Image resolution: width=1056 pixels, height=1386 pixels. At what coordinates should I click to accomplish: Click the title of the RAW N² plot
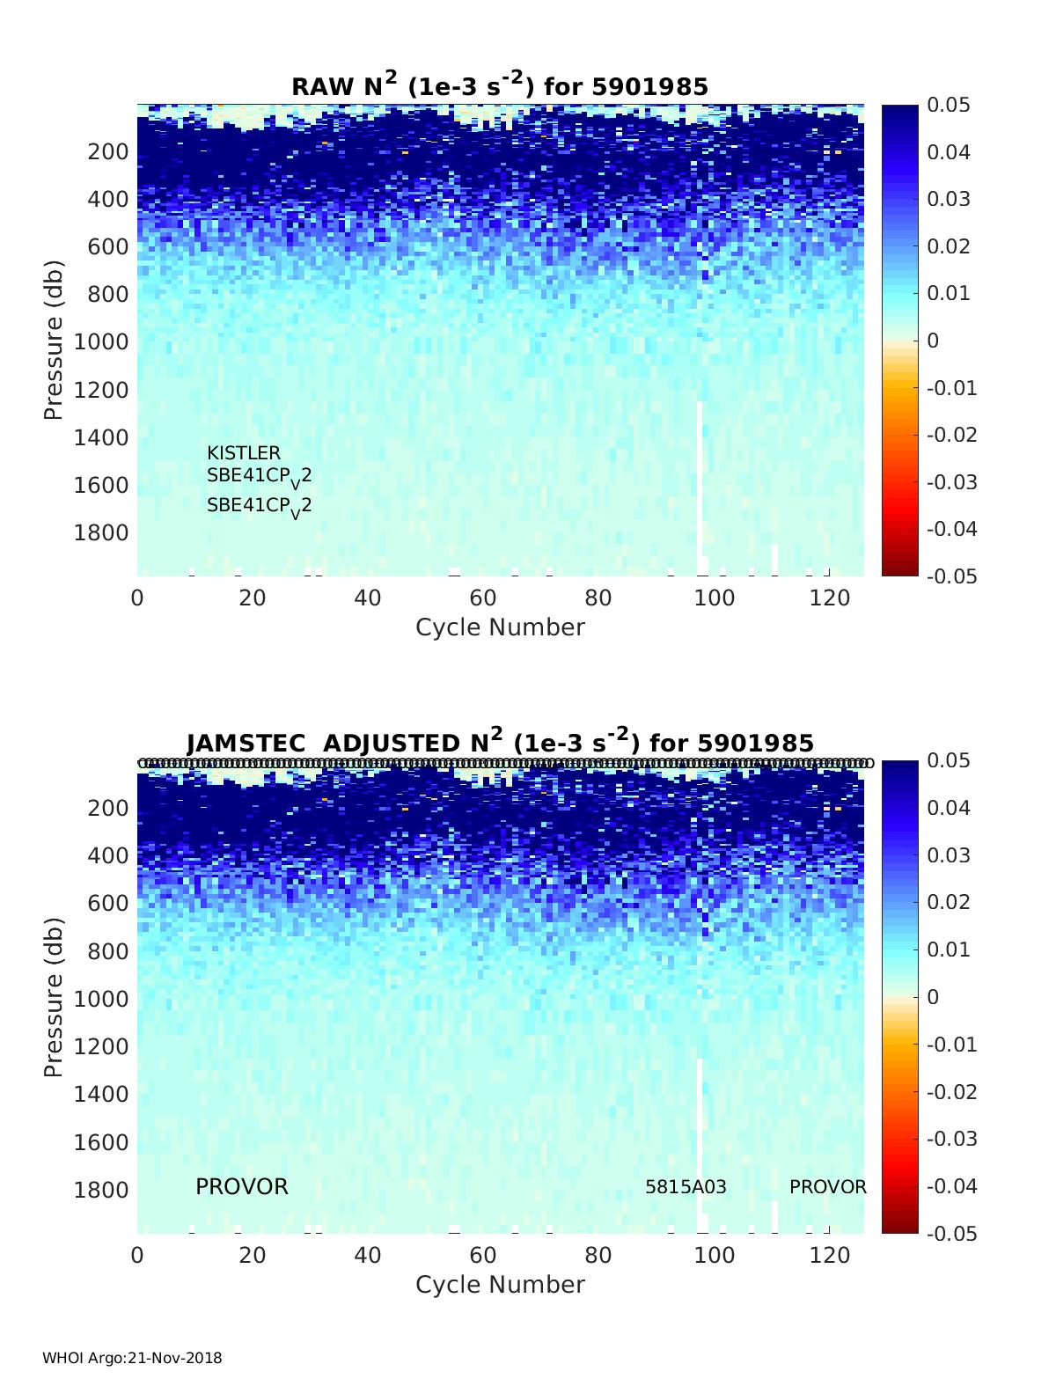[500, 85]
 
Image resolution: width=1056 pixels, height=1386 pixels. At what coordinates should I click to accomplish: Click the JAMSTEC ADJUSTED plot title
[500, 742]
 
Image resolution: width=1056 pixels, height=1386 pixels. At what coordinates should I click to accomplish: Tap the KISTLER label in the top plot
[244, 453]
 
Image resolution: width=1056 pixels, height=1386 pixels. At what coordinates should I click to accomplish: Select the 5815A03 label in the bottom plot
[686, 1187]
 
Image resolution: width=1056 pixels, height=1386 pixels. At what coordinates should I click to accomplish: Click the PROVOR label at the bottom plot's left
[241, 1187]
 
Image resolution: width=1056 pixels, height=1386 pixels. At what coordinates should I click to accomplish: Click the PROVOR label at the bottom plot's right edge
[827, 1187]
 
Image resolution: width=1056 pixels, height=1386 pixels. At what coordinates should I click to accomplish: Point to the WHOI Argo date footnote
[132, 1358]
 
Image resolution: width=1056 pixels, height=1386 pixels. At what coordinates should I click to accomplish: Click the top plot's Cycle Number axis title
[500, 627]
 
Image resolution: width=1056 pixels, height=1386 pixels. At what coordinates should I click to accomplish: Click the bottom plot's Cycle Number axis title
[500, 1285]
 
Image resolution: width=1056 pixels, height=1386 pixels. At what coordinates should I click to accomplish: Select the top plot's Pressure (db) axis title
[54, 340]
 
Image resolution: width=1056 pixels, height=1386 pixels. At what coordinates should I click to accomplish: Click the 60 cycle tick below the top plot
[483, 598]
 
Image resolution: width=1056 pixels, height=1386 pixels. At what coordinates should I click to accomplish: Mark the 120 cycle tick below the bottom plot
[828, 1255]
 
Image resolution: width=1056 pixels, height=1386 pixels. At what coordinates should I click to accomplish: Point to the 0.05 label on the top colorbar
[949, 106]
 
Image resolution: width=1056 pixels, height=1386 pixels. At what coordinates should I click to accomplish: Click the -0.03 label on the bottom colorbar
[952, 1139]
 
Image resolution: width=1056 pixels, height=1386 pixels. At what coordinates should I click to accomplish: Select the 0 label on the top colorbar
[934, 341]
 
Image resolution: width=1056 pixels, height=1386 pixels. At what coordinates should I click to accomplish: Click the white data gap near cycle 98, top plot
[700, 484]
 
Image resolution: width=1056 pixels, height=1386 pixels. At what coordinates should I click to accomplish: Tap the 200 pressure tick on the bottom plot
[108, 808]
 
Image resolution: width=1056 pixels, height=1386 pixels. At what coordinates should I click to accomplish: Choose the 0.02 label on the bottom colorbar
[949, 902]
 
